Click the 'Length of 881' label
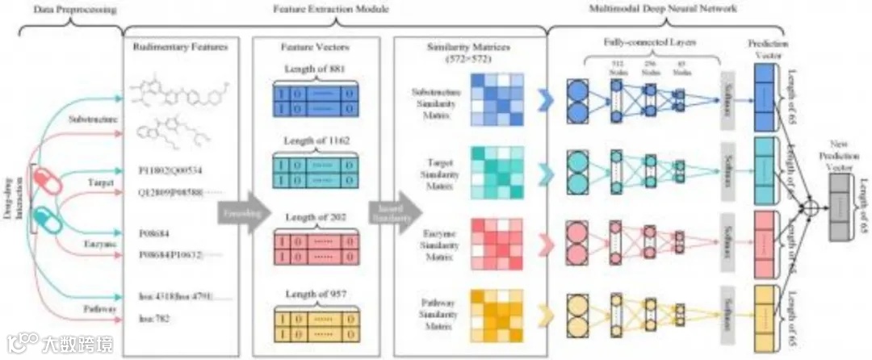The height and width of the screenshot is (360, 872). [316, 69]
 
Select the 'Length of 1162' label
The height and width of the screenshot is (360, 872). [316, 143]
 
